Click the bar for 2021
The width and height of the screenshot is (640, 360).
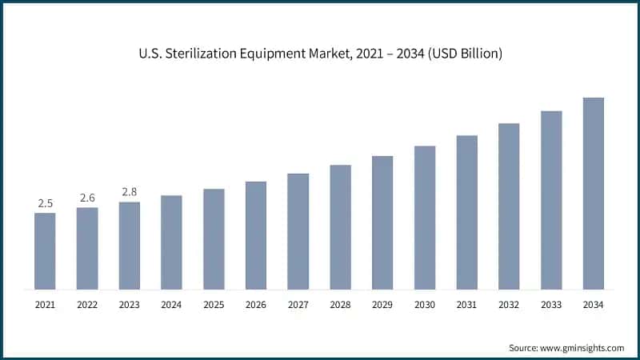click(45, 250)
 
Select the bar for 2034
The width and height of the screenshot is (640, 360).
click(593, 193)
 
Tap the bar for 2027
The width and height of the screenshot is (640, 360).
click(298, 231)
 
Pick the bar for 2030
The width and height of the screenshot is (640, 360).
click(424, 218)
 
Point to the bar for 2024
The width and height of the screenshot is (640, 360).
click(171, 242)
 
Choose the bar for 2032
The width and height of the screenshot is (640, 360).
click(509, 206)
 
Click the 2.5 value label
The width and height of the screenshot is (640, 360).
click(45, 203)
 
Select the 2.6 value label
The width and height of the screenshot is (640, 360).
click(87, 198)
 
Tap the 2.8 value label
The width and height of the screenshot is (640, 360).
click(130, 192)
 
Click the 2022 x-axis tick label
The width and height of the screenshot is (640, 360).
click(87, 305)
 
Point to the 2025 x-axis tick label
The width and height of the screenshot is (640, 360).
click(214, 305)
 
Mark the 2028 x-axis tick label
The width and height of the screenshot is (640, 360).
click(340, 305)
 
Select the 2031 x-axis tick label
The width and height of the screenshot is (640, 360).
click(466, 305)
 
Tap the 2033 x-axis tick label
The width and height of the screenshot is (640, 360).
click(551, 305)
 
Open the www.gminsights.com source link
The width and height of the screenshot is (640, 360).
click(583, 348)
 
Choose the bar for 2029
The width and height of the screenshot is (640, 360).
click(382, 222)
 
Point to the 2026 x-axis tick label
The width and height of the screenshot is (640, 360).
click(256, 305)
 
